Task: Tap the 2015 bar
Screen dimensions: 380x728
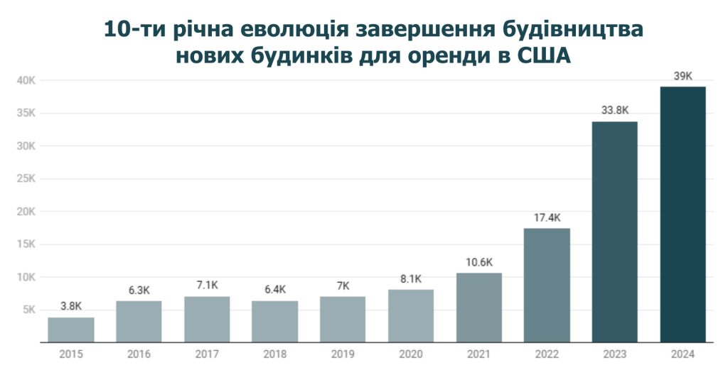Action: (x=71, y=330)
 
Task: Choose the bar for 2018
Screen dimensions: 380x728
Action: (x=274, y=322)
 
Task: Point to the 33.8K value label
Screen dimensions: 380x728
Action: (x=614, y=111)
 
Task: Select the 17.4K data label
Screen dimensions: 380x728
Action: (x=547, y=217)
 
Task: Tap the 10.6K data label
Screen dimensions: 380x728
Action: (x=478, y=262)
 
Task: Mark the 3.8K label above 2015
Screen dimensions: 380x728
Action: (x=71, y=307)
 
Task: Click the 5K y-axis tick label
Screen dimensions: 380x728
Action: (x=31, y=310)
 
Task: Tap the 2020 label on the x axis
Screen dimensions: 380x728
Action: (x=410, y=354)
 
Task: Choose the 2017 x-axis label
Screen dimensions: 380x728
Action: (x=207, y=354)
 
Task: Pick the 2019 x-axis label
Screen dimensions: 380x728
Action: (x=343, y=354)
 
